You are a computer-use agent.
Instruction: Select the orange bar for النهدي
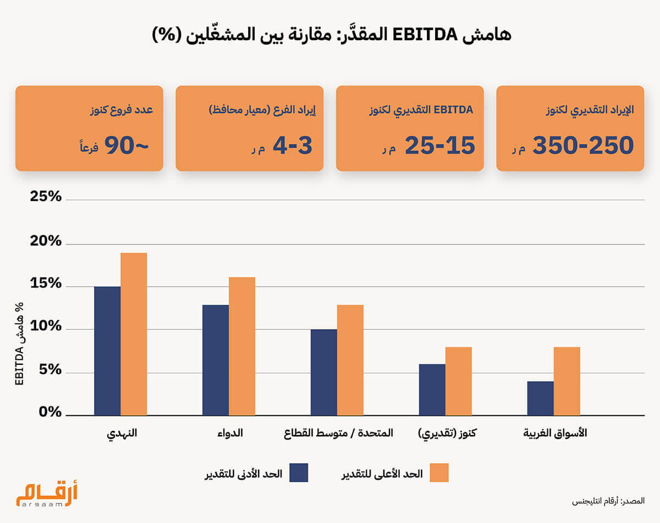click(134, 334)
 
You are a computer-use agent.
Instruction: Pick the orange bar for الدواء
click(242, 346)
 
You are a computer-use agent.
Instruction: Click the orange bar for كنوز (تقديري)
click(459, 381)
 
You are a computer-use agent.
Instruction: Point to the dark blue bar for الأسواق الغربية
click(540, 398)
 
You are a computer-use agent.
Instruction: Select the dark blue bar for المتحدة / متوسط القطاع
click(323, 372)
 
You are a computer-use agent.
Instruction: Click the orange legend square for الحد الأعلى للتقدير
click(439, 472)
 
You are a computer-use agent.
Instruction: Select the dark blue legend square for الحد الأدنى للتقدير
click(299, 472)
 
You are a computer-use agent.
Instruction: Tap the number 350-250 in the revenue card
click(583, 146)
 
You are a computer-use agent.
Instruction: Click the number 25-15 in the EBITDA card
click(439, 146)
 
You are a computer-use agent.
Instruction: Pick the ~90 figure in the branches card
click(126, 146)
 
